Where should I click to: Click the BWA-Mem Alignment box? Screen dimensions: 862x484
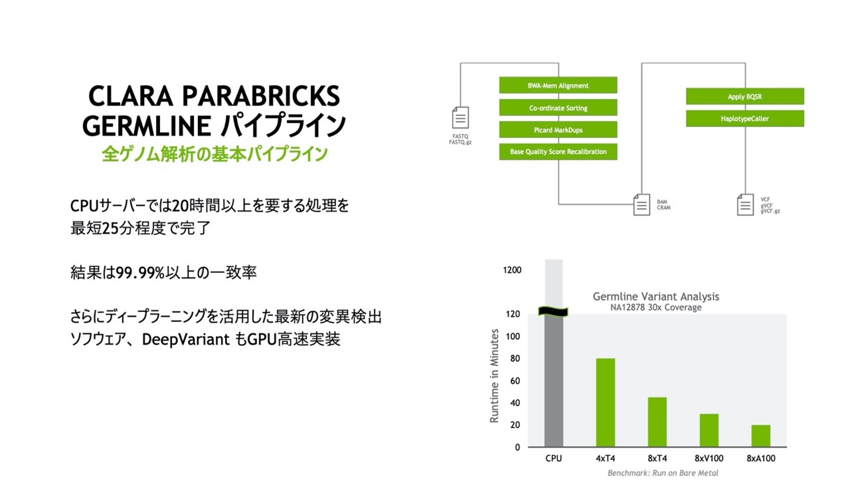click(x=558, y=85)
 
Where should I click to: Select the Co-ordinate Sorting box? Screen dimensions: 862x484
click(x=558, y=108)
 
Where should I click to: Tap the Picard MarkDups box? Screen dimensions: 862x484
click(x=558, y=129)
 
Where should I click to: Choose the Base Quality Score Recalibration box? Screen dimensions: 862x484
click(x=558, y=151)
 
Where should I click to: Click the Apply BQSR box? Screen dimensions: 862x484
click(x=744, y=96)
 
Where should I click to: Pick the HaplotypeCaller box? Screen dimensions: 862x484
click(x=744, y=118)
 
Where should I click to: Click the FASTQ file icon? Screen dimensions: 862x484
click(x=460, y=118)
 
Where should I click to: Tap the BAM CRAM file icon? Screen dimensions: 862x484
click(x=642, y=204)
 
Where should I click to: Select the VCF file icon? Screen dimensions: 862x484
click(x=745, y=204)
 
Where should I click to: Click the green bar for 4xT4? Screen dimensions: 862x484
click(x=605, y=402)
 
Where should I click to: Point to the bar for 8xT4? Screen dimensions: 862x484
click(x=657, y=422)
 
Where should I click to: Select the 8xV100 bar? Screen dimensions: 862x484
click(x=709, y=430)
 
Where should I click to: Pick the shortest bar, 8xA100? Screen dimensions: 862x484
click(x=761, y=436)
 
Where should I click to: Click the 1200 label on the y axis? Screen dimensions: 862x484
click(x=512, y=270)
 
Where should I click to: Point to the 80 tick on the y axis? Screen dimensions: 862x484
click(x=515, y=359)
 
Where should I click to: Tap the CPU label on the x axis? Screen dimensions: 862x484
click(x=553, y=458)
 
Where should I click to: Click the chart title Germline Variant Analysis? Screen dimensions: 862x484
click(x=655, y=297)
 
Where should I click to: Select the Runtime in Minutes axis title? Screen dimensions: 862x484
click(x=494, y=376)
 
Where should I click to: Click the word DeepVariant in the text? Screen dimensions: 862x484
click(x=186, y=339)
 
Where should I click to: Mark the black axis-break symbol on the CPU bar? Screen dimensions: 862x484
click(x=553, y=311)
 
